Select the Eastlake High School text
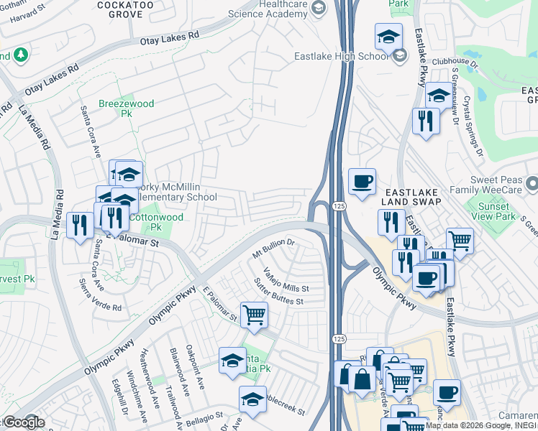[x=341, y=56]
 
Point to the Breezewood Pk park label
[x=127, y=108]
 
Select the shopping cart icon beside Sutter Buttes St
[x=254, y=315]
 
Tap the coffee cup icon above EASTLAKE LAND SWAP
[x=363, y=180]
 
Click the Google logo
[x=23, y=422]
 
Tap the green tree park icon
[x=20, y=55]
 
